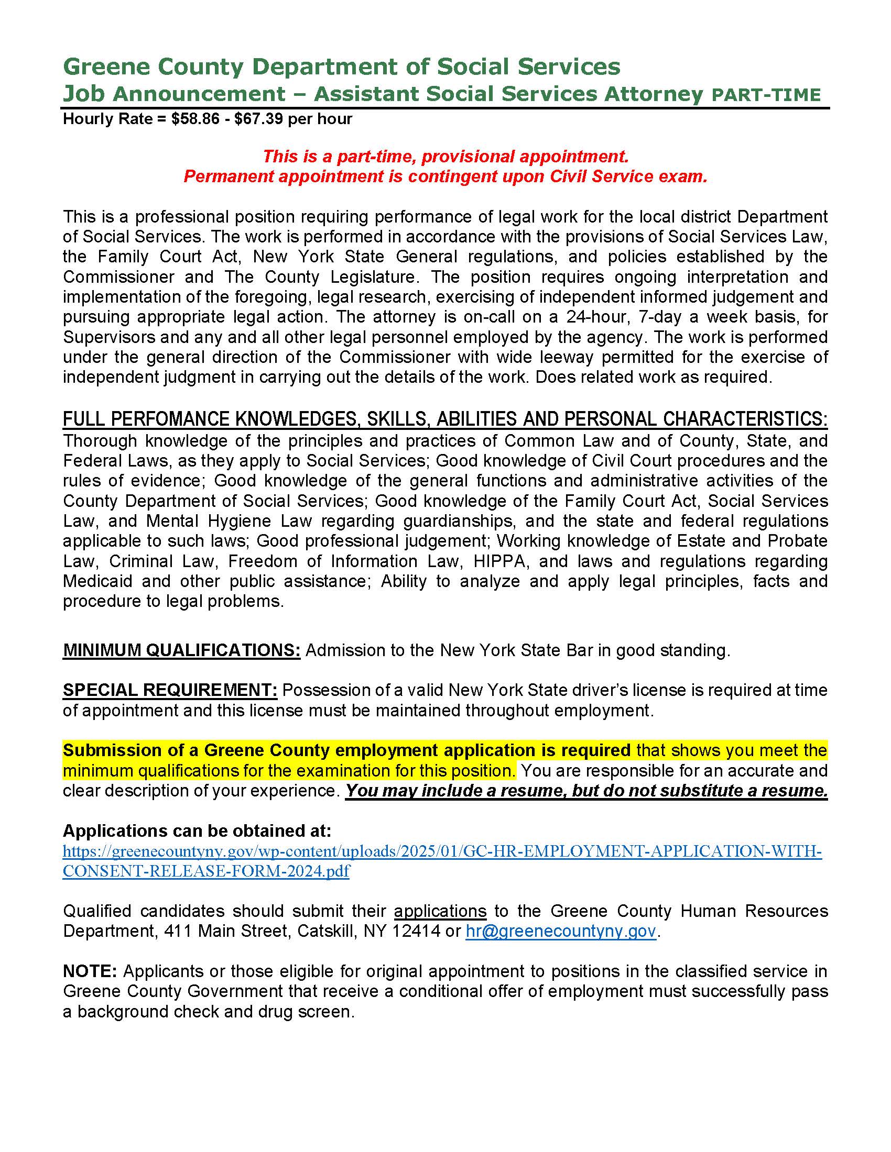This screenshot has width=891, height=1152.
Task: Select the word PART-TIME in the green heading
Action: click(x=766, y=95)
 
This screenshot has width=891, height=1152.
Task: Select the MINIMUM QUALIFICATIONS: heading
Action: click(x=181, y=650)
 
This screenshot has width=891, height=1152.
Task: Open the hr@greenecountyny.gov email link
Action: click(x=561, y=931)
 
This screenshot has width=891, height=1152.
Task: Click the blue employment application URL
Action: click(x=442, y=852)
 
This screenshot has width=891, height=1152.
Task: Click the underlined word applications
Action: click(x=440, y=911)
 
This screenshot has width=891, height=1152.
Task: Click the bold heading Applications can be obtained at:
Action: click(x=197, y=832)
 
